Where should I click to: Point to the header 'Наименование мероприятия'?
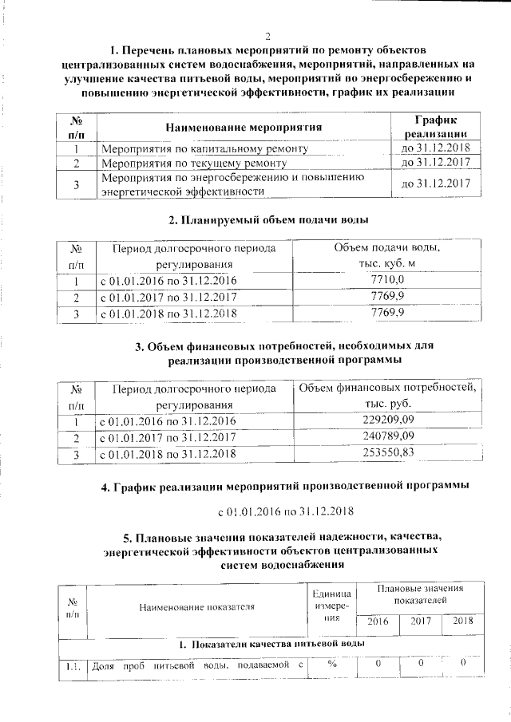click(244, 128)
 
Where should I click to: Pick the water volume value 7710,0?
click(388, 281)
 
